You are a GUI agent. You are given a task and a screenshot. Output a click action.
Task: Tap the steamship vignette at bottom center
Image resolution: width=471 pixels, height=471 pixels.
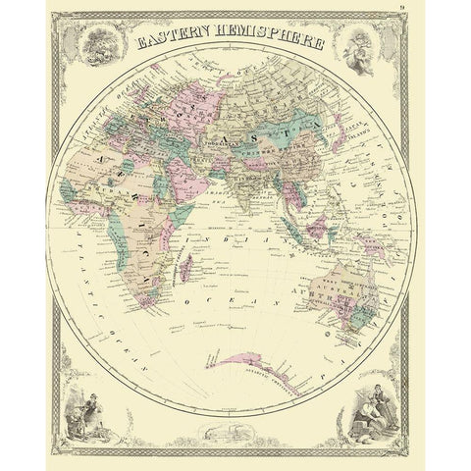tap(235, 431)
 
